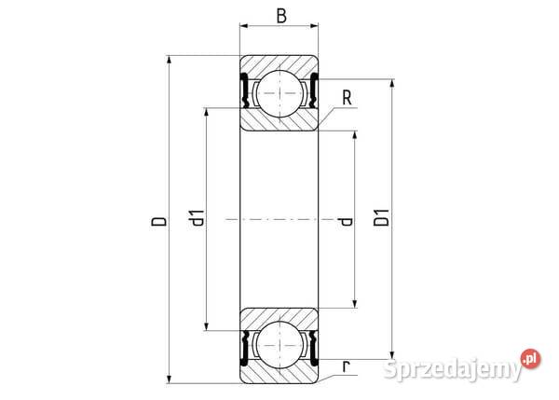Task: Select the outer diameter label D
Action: (159, 222)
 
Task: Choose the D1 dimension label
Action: (381, 222)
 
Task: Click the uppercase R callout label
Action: (347, 95)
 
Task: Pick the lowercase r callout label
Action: (346, 366)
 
